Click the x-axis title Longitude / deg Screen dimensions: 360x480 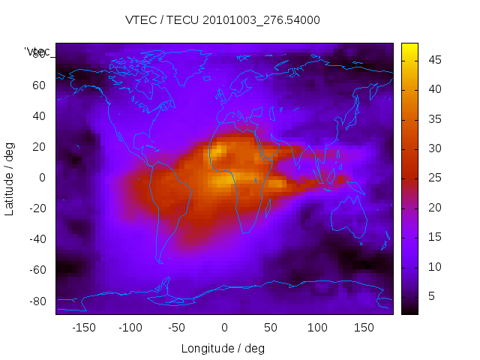coord(223,348)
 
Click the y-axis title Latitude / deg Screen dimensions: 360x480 coord(10,178)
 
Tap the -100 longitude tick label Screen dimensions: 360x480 coord(130,327)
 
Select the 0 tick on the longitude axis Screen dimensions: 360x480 coord(223,327)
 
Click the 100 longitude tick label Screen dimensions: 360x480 coord(317,327)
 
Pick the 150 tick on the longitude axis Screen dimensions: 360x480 coord(364,327)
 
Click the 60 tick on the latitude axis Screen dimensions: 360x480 coord(39,85)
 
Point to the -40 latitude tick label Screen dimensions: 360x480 coord(37,239)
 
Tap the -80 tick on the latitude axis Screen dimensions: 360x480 coord(37,301)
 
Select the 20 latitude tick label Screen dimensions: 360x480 coord(39,147)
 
